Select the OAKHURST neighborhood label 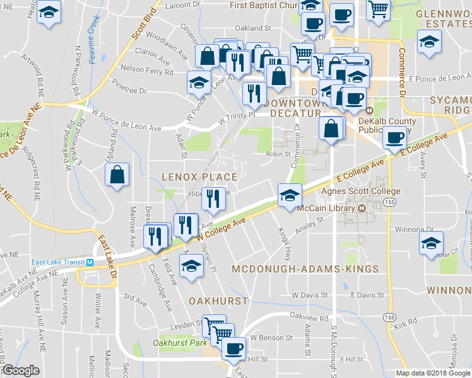(x=218, y=301)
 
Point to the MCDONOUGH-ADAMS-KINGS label (x=305, y=269)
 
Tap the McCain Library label (x=327, y=209)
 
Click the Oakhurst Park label (x=179, y=343)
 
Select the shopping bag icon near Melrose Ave (x=117, y=175)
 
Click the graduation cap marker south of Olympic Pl (x=191, y=265)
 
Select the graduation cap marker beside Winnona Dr (x=431, y=243)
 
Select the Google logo (x=21, y=370)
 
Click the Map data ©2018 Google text (x=433, y=373)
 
